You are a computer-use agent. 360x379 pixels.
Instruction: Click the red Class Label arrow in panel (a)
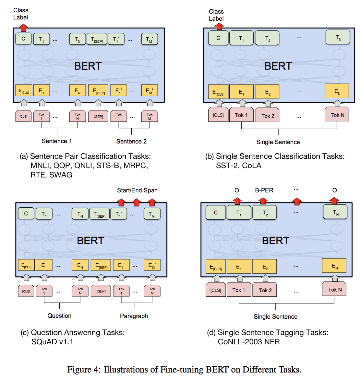(x=23, y=28)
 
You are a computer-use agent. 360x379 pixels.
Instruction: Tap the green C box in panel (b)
(x=218, y=38)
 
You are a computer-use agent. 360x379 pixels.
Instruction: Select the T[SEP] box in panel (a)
(x=97, y=39)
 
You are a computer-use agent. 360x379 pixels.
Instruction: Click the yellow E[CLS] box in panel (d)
(x=216, y=266)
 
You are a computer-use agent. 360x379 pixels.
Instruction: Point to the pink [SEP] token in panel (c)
(x=101, y=291)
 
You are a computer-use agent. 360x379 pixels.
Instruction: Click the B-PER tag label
(x=264, y=190)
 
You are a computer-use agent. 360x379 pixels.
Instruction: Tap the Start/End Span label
(x=137, y=190)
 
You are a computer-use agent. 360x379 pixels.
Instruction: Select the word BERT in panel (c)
(x=90, y=241)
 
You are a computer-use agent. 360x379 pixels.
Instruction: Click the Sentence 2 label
(x=131, y=142)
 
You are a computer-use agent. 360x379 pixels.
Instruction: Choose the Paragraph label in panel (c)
(x=134, y=316)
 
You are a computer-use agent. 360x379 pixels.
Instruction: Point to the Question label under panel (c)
(x=59, y=316)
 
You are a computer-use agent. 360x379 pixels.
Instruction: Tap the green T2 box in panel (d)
(x=264, y=212)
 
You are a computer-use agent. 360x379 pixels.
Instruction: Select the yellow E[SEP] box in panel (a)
(x=98, y=91)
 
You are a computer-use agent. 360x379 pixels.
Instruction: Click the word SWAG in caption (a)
(x=61, y=175)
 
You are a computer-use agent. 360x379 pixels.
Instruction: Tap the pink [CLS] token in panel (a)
(x=23, y=116)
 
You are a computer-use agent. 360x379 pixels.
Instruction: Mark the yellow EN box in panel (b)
(x=337, y=91)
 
